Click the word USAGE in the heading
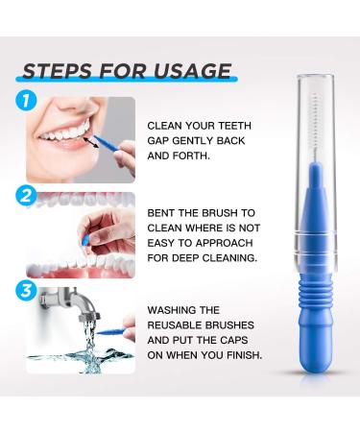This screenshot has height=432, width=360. tap(192, 71)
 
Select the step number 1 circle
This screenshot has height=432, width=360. tap(26, 101)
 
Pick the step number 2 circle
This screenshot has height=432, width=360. tap(26, 196)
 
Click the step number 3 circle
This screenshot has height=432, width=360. tap(26, 291)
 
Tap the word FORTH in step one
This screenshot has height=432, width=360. tap(191, 156)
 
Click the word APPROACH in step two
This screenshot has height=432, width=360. tap(224, 243)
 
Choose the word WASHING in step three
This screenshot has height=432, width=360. tap(168, 310)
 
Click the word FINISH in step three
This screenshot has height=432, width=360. tap(244, 355)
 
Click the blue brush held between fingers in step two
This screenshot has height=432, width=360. tap(85, 240)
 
